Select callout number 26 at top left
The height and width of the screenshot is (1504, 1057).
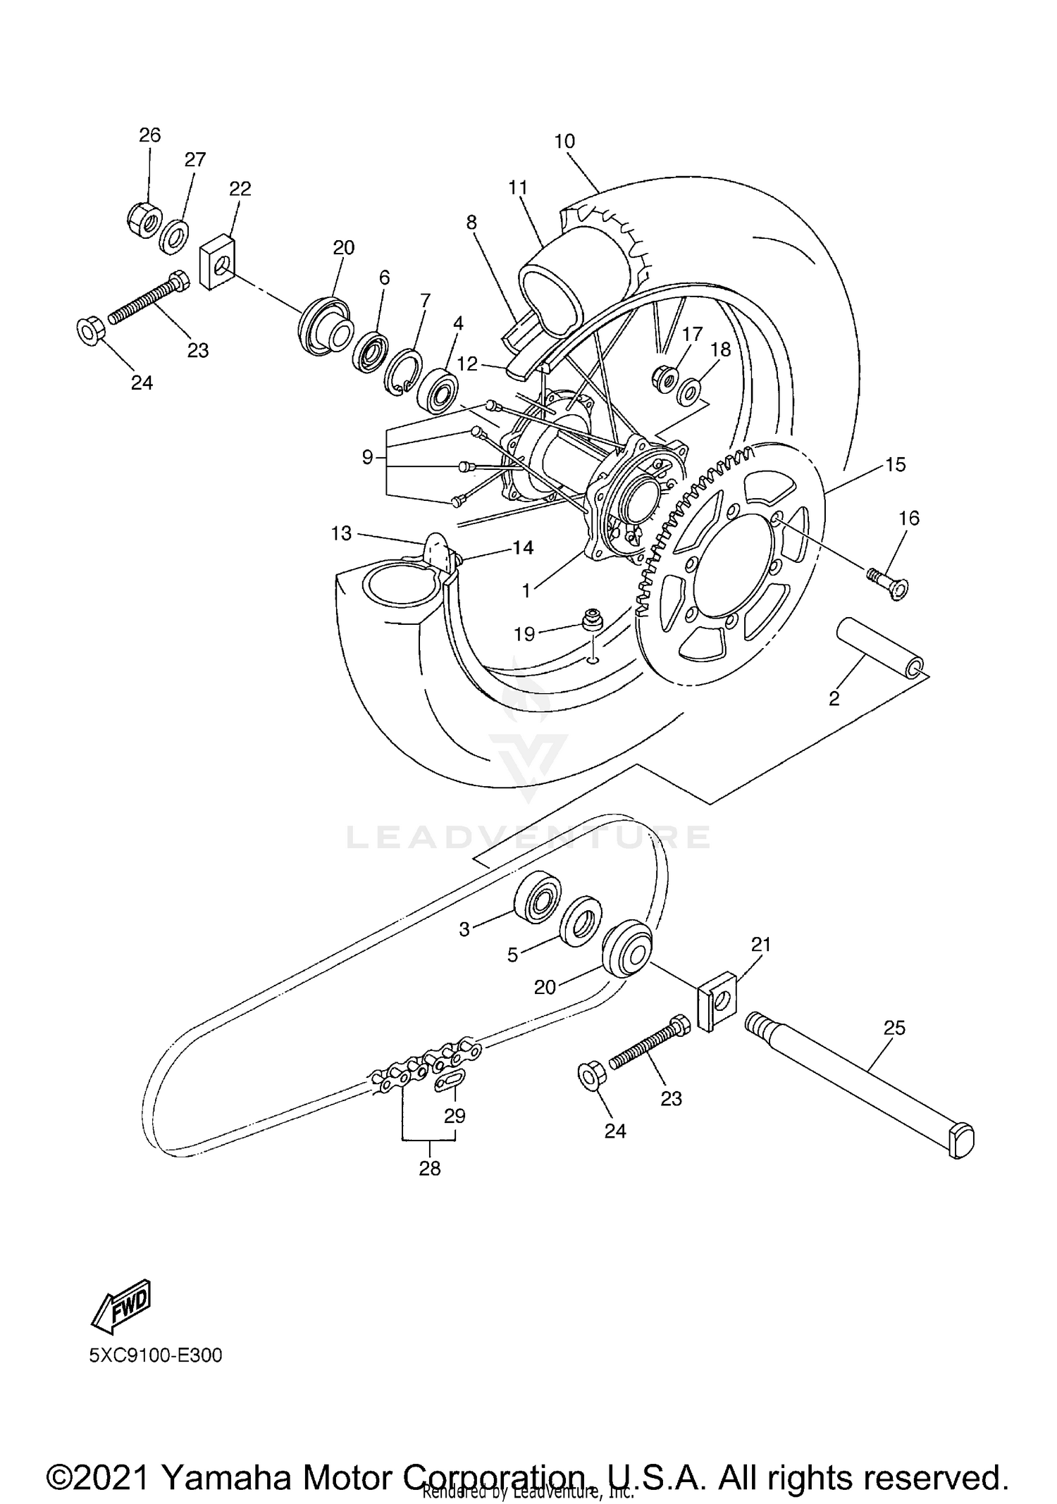[x=149, y=135]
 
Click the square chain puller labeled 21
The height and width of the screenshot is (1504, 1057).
[x=717, y=1001]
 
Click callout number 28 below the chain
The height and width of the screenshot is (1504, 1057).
[x=430, y=1169]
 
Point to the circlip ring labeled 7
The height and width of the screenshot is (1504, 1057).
[x=402, y=370]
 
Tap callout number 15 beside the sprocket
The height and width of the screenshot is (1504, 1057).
[x=895, y=464]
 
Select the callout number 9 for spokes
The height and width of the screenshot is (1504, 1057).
[x=367, y=457]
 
